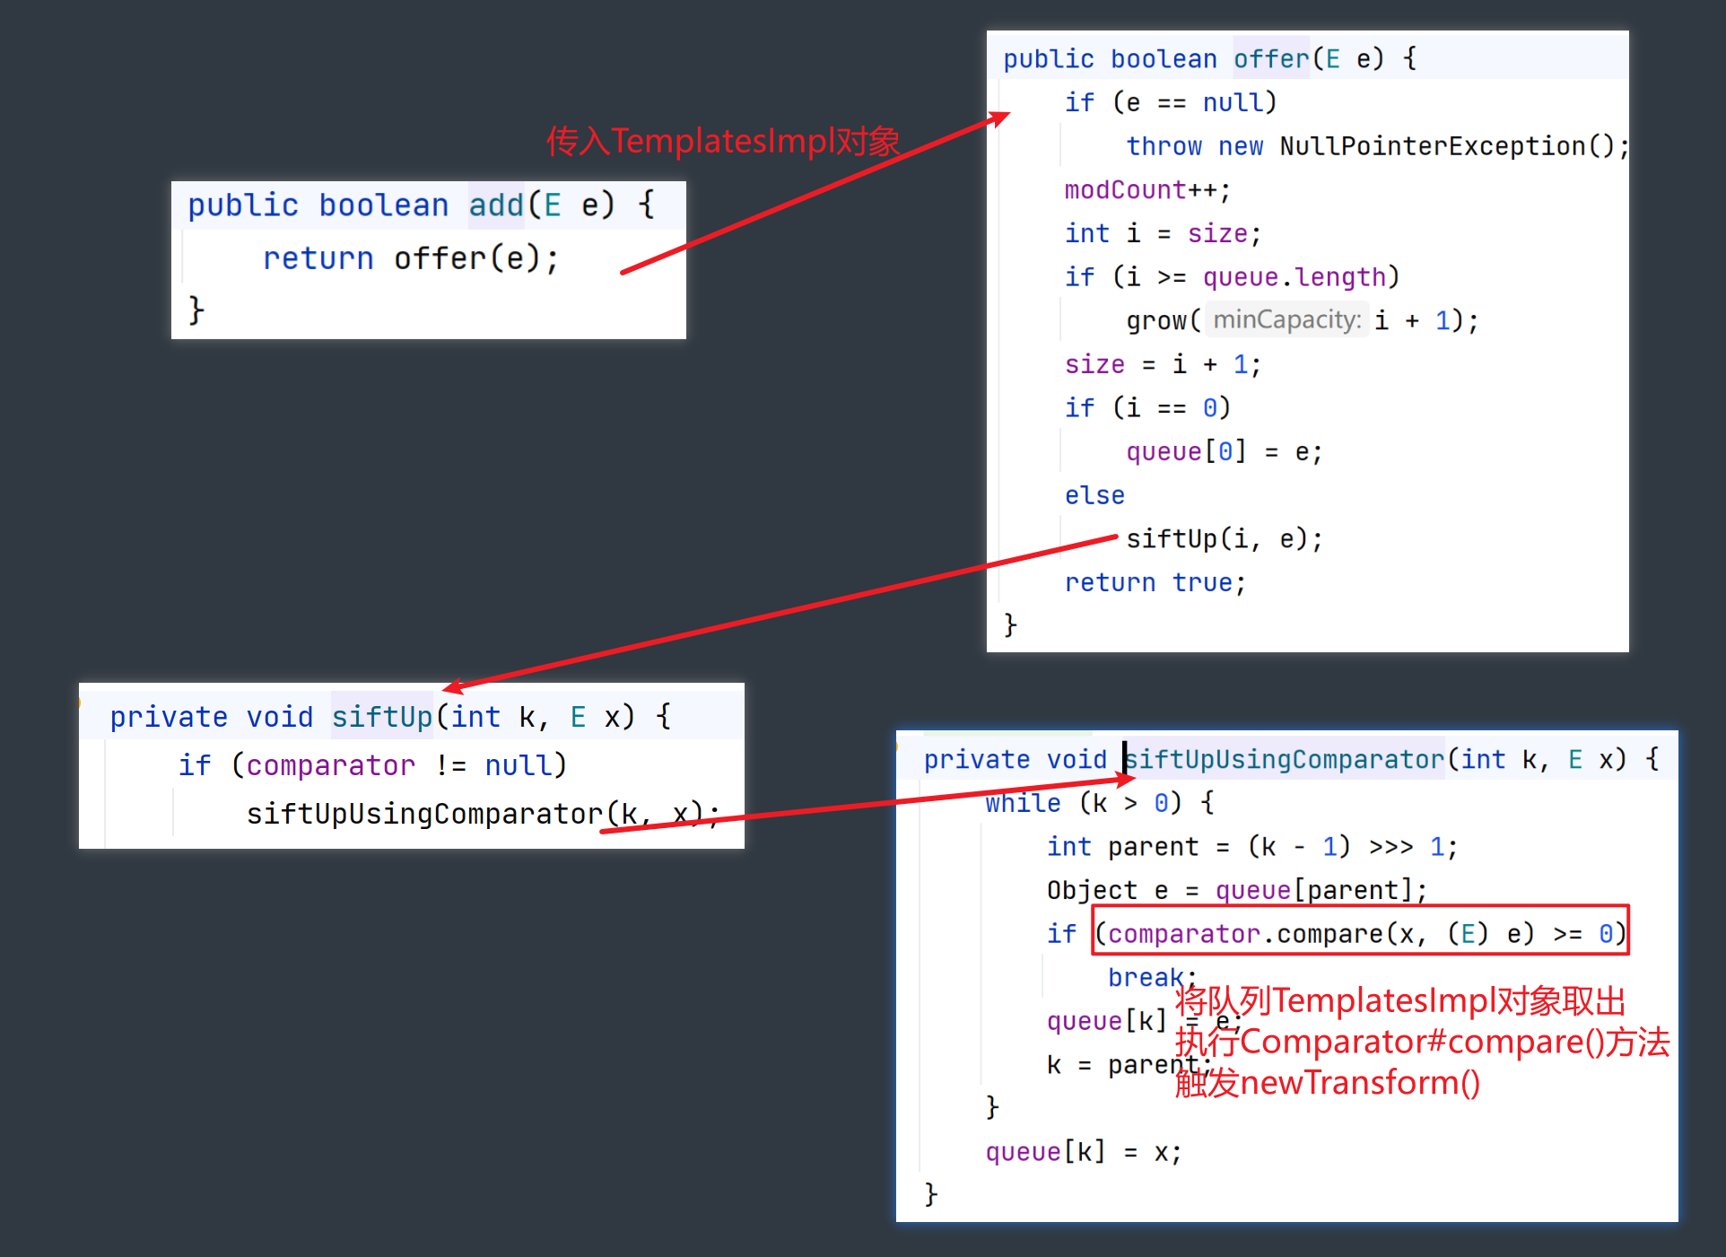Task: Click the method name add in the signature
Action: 496,205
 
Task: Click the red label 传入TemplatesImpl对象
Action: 723,141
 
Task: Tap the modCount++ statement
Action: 1146,190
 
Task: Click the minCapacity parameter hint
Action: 1286,320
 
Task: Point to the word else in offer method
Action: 1094,495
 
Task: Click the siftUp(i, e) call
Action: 1224,539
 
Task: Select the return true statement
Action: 1155,583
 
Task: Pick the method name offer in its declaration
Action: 1271,59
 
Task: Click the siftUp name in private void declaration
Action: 382,717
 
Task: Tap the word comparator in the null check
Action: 330,765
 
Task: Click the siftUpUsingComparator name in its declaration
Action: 1285,760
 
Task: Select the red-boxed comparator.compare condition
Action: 1360,934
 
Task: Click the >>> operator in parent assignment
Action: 1390,847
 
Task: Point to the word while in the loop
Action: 1023,803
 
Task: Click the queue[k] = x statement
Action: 1083,1152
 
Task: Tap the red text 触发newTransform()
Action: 1327,1083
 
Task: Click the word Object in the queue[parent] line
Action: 1091,890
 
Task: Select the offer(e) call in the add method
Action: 475,259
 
